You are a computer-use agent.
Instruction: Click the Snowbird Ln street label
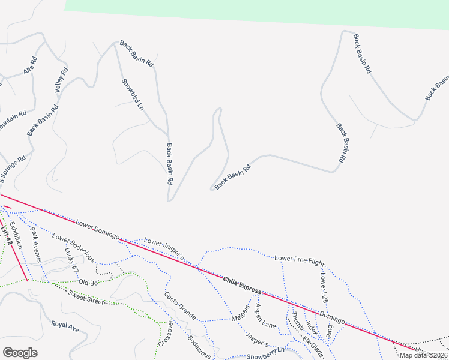(133, 95)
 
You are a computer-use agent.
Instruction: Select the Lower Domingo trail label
(97, 230)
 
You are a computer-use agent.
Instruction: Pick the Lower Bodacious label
(73, 247)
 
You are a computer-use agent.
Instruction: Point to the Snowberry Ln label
(265, 349)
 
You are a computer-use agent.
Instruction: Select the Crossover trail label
(166, 334)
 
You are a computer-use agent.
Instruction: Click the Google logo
(20, 352)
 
